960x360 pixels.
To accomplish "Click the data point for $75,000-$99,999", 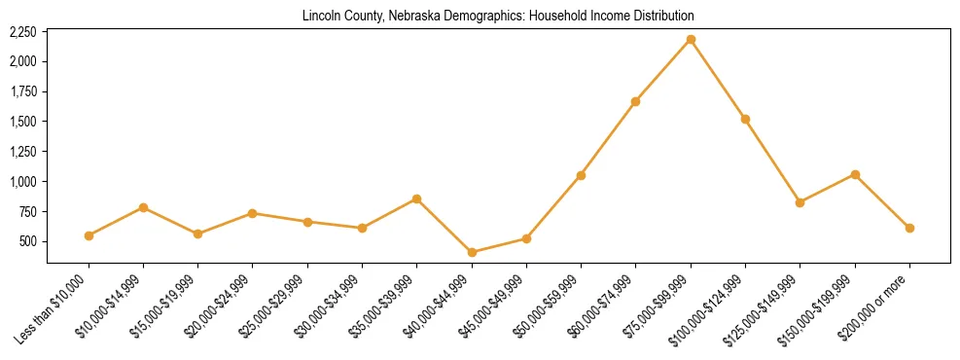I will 691,39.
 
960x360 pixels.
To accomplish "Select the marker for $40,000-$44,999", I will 472,252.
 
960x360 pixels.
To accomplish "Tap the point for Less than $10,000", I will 89,235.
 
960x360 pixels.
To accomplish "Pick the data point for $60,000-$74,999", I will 635,101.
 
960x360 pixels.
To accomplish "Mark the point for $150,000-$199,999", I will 855,174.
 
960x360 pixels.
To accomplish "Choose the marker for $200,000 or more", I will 909,228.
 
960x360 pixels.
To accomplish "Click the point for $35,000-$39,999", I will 416,198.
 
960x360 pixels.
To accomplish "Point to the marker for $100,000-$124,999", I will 745,119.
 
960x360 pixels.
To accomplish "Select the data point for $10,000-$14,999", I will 143,207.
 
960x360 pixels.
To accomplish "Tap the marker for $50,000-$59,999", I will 581,175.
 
